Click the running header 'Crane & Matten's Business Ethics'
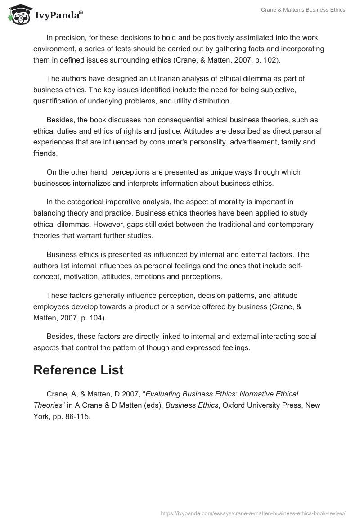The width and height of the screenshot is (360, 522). point(302,10)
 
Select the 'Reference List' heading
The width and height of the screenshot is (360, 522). point(78,370)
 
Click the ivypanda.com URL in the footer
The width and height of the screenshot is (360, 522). point(253,513)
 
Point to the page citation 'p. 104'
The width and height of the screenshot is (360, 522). point(91,318)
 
